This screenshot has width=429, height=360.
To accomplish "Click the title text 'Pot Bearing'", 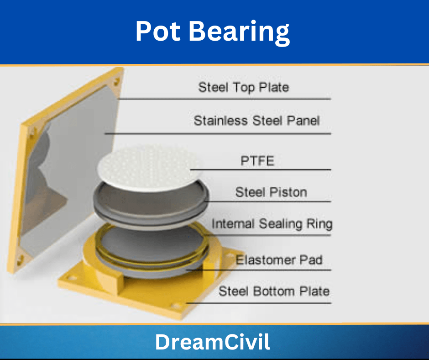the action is [x=213, y=32].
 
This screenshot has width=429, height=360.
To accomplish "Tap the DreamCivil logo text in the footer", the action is [x=213, y=342].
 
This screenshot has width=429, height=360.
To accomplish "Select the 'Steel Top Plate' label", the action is [x=244, y=88].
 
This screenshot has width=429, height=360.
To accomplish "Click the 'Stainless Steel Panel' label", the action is [x=256, y=121].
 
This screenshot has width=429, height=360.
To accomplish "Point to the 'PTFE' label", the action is [x=257, y=161].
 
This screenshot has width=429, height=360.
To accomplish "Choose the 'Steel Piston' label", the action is [x=271, y=192].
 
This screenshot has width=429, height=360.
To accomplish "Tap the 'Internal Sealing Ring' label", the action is [x=272, y=224].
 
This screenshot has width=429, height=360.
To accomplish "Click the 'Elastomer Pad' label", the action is [x=279, y=260].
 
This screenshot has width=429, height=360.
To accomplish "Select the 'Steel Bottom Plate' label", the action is [x=274, y=291].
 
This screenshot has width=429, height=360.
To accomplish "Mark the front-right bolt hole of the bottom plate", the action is [x=175, y=306].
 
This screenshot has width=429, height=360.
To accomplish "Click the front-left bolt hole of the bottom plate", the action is [x=72, y=278].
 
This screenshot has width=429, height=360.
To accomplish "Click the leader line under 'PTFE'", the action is [x=261, y=170].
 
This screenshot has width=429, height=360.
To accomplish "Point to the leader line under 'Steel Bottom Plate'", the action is [x=259, y=303].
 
